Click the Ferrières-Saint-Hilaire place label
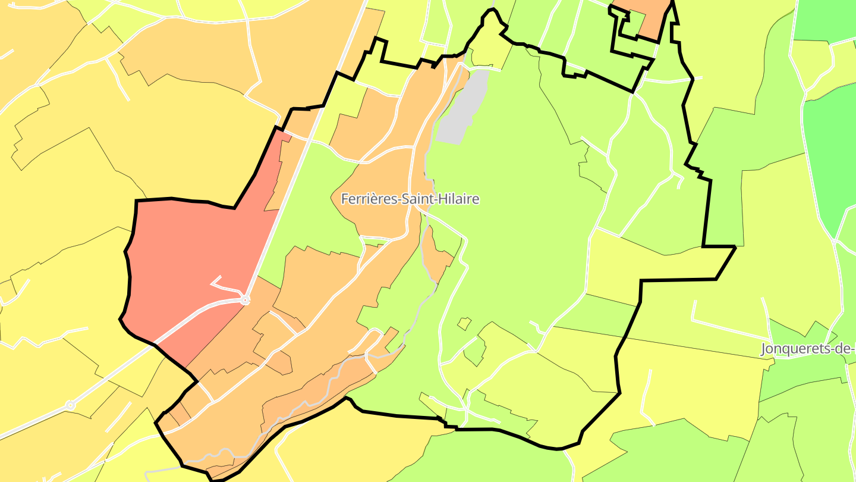click(x=410, y=199)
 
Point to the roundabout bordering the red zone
click(x=245, y=301)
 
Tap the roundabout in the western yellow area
click(x=70, y=405)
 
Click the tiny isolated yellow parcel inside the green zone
click(x=464, y=323)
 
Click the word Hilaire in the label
click(x=458, y=199)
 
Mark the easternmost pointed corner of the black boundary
click(x=735, y=247)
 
